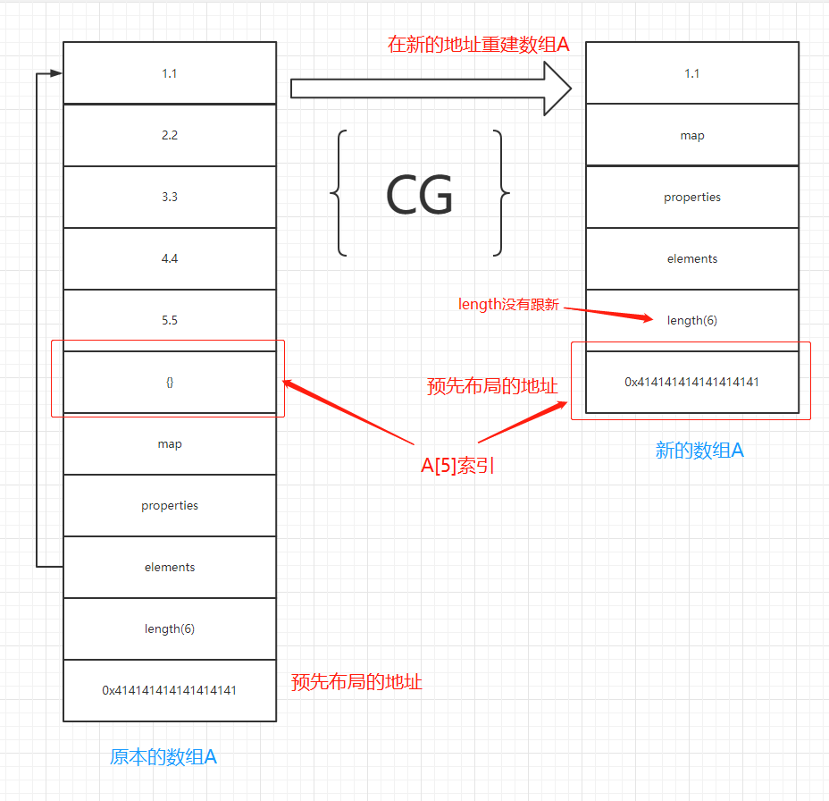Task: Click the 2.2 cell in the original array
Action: tap(170, 135)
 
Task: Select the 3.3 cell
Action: tap(170, 197)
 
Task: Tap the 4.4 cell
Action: tap(170, 258)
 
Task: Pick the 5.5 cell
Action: tap(170, 320)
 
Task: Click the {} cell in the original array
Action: tap(170, 382)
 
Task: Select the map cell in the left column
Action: tap(170, 443)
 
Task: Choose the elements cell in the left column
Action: tap(170, 567)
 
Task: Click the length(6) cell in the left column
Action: tap(170, 628)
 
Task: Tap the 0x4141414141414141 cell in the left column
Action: tap(170, 690)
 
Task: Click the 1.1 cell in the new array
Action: tap(692, 73)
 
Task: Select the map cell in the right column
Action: tap(692, 135)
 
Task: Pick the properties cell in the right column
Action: tap(692, 197)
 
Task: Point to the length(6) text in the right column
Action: tap(692, 320)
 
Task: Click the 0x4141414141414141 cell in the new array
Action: tap(692, 382)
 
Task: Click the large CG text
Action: tap(419, 194)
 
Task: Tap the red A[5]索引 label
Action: tap(458, 466)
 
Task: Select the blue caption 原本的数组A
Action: tap(163, 757)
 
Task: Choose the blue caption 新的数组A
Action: tap(699, 450)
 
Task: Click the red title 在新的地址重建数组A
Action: tap(478, 45)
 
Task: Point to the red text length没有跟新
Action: tap(508, 305)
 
